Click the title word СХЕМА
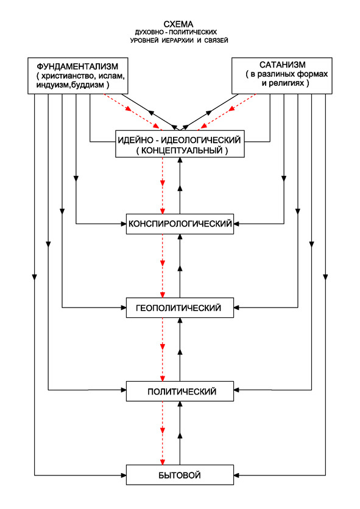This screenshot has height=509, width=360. pos(178,24)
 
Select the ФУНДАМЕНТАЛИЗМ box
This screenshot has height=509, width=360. pos(78,76)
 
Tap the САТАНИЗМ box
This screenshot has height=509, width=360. pos(281,76)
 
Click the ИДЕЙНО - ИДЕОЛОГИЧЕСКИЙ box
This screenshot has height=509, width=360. pos(180,144)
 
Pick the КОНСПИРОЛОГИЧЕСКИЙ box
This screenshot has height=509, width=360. pos(180,223)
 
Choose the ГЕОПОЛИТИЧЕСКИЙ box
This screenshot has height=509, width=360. pos(180,307)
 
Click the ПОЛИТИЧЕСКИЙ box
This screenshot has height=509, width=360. pos(180,391)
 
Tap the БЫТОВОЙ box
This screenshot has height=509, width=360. pos(180,475)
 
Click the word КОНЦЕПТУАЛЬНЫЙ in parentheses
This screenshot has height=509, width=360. pos(182,150)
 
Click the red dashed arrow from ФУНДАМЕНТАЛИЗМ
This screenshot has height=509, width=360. pos(133,112)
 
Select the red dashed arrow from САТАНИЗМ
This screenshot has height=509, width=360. pos(227,112)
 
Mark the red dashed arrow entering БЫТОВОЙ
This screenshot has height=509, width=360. pos(163,433)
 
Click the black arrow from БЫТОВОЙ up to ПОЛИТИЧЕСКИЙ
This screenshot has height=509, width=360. pos(180,433)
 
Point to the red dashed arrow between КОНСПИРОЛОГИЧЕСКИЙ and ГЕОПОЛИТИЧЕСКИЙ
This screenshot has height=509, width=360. pos(163,265)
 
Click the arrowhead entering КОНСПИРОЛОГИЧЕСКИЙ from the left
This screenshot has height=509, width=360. pos(123,223)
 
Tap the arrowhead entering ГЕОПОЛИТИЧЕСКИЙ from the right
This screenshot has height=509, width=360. pos(237,307)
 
